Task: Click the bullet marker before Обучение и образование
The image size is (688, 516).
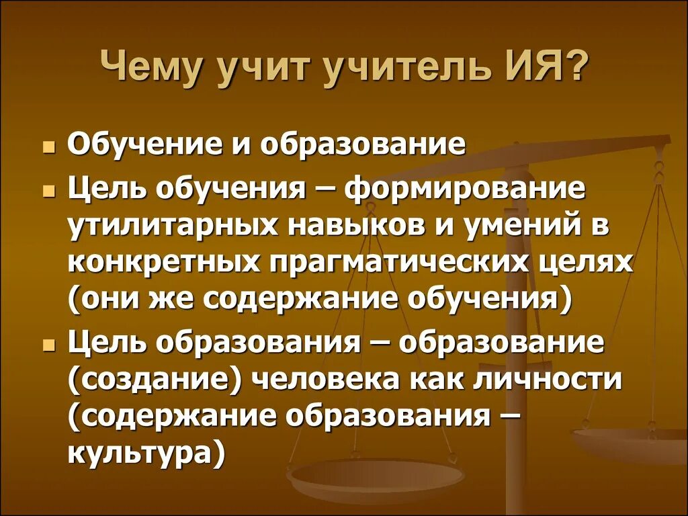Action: tap(49, 146)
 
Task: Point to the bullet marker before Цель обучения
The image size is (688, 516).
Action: tap(49, 191)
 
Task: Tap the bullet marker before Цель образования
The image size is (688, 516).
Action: tap(49, 345)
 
